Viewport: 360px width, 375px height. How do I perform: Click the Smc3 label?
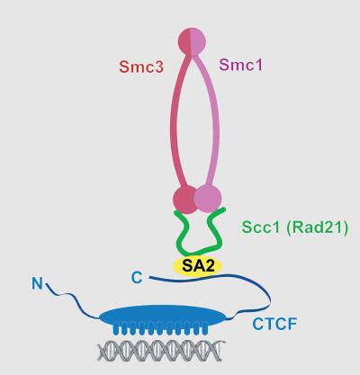click(141, 67)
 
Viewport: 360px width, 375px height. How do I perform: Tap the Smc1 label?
click(241, 65)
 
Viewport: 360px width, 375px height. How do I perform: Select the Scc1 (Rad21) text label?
click(295, 228)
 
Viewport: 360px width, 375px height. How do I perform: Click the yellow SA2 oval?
click(198, 266)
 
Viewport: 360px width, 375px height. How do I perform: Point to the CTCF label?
click(274, 324)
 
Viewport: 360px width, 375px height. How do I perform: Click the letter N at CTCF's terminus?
click(37, 283)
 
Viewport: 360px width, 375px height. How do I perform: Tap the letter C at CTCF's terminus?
click(137, 278)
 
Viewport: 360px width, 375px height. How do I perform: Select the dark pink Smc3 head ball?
click(184, 199)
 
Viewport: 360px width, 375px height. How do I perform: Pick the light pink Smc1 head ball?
click(208, 198)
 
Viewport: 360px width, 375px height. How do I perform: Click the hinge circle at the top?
click(192, 41)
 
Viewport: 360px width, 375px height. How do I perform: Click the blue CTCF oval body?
click(162, 317)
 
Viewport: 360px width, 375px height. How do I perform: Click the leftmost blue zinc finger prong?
click(116, 329)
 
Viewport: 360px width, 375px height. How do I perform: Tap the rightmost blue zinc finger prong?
click(205, 328)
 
